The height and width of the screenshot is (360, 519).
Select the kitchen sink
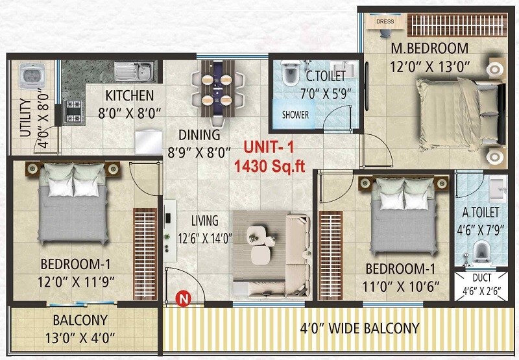click(135, 69)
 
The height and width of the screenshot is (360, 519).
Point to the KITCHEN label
click(130, 95)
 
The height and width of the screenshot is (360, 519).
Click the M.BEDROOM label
click(429, 49)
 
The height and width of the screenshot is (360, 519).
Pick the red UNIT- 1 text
click(269, 149)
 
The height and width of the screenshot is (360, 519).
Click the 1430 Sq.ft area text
click(269, 166)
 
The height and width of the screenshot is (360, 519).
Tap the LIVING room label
click(204, 221)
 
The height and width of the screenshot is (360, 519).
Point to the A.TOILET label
click(480, 212)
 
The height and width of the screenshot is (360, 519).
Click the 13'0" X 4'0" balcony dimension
click(80, 337)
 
